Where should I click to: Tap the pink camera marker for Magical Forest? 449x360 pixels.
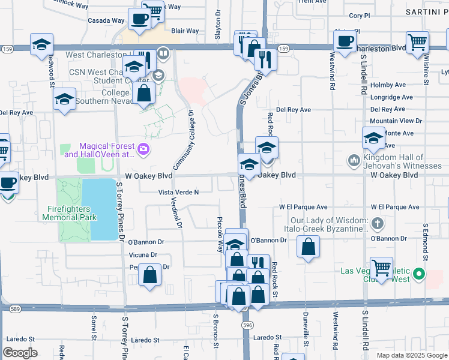pos(143,149)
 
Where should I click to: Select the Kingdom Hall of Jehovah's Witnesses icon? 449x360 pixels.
pos(354,161)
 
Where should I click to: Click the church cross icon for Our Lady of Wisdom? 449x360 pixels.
pos(378,224)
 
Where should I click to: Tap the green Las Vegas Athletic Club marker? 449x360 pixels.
pos(420,275)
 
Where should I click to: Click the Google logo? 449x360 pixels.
pos(20,353)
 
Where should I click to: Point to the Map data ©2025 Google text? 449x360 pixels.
pos(411,355)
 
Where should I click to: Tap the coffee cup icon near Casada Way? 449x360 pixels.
pos(139,19)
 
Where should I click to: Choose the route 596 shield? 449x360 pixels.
pos(247,325)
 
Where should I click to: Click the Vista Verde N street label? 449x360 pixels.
pos(178,192)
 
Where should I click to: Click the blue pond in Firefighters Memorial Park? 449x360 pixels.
pos(100,209)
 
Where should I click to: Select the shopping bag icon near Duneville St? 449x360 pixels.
pos(308,247)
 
